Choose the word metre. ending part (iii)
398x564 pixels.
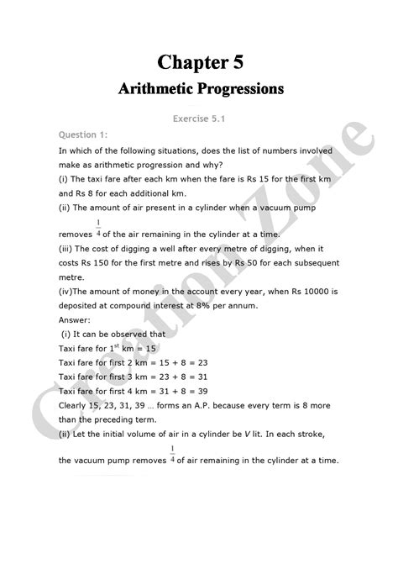click(x=74, y=276)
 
